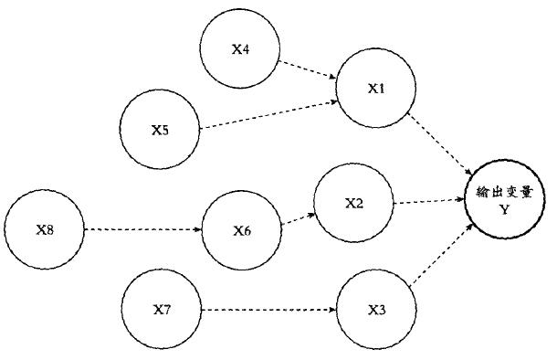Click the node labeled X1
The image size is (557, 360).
pyautogui.click(x=376, y=89)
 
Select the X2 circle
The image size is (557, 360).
pyautogui.click(x=353, y=203)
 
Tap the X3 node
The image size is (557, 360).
pyautogui.click(x=376, y=309)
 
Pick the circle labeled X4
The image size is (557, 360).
pyautogui.click(x=240, y=49)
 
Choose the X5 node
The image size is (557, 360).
pyautogui.click(x=161, y=129)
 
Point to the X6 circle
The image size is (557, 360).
pyautogui.click(x=241, y=229)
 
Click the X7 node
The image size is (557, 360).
pyautogui.click(x=162, y=310)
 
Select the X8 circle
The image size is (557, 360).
pyautogui.click(x=44, y=228)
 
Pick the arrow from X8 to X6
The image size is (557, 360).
pyautogui.click(x=142, y=229)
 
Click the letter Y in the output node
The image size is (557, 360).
pyautogui.click(x=503, y=209)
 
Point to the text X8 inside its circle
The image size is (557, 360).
pyautogui.click(x=44, y=228)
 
